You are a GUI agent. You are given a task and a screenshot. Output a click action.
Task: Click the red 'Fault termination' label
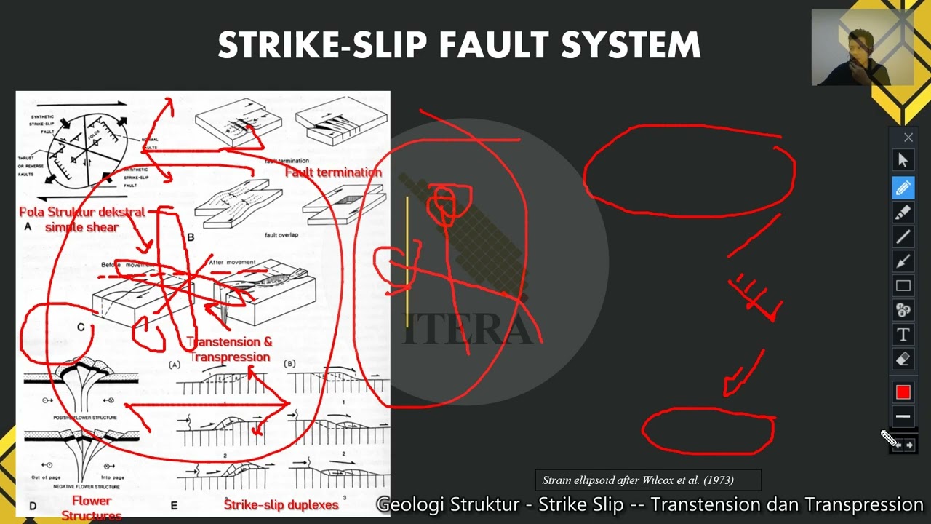[333, 172]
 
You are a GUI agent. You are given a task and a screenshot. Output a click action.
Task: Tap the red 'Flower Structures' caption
[92, 508]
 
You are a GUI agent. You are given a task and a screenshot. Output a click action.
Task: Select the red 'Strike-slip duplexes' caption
[281, 504]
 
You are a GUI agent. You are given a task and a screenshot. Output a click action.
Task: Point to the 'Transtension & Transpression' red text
[230, 349]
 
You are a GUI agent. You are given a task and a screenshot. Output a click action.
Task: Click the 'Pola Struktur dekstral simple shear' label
[81, 219]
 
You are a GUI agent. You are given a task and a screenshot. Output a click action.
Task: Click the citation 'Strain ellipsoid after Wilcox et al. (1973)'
[638, 480]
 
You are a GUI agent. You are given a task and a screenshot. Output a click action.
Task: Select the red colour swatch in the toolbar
[903, 392]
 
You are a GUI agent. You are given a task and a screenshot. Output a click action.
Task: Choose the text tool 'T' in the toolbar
[903, 335]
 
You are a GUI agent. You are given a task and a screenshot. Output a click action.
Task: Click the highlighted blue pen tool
[903, 188]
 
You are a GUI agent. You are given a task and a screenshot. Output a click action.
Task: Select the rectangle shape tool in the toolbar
[903, 286]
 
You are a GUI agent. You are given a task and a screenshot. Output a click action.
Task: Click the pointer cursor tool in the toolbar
[903, 161]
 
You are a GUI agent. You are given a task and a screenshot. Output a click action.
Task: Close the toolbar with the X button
[908, 138]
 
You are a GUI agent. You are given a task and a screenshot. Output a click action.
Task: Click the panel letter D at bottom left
[32, 506]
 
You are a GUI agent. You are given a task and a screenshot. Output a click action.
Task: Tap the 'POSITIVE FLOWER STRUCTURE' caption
[81, 418]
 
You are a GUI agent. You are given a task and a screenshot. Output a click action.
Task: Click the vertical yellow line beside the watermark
[407, 262]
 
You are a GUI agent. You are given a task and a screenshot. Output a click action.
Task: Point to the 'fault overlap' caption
[281, 235]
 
